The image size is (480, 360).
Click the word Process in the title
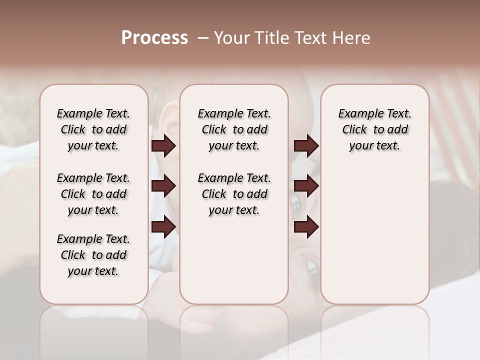(154, 38)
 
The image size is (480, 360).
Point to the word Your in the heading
(232, 38)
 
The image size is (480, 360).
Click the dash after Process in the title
(203, 38)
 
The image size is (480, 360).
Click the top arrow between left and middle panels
(163, 145)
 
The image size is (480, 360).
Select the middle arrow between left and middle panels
(163, 186)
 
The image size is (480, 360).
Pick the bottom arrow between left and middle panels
(163, 227)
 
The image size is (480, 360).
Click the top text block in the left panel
(93, 129)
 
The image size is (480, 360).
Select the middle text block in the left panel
(93, 194)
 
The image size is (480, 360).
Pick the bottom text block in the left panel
(93, 255)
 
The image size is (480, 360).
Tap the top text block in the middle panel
(234, 129)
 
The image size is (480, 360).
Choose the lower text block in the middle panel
(234, 194)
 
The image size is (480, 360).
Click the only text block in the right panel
(375, 129)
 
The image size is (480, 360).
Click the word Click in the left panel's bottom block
(73, 255)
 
